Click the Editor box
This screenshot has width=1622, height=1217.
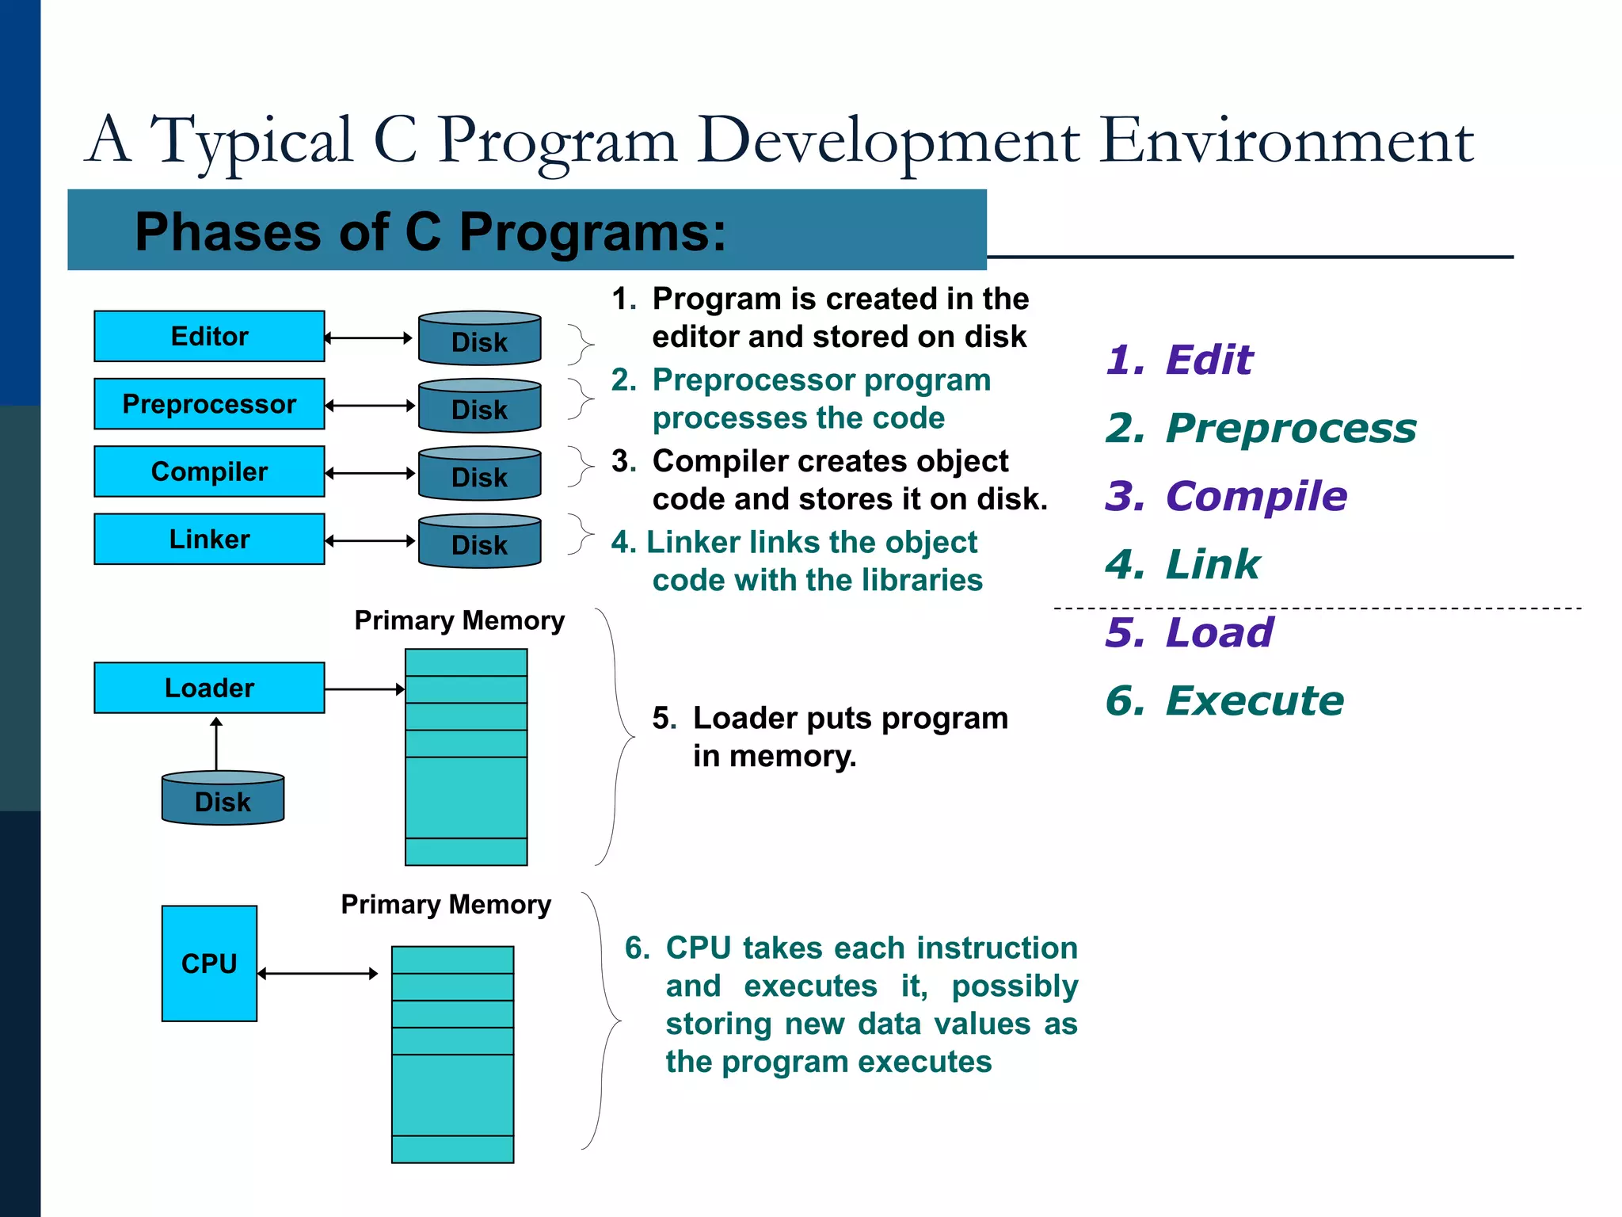(x=209, y=336)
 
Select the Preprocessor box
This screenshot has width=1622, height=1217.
(x=209, y=404)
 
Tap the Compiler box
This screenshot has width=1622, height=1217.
(x=209, y=471)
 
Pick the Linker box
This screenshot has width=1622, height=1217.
(x=209, y=539)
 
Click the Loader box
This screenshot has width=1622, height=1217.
(x=209, y=688)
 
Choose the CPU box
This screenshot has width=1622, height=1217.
(x=209, y=963)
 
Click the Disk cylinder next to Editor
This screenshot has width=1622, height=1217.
(x=479, y=339)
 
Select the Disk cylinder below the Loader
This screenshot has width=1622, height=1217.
(x=223, y=799)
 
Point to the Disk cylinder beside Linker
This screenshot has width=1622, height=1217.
(x=479, y=542)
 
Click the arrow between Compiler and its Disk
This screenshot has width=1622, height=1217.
(x=370, y=473)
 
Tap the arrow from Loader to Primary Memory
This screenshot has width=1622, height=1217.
(x=364, y=689)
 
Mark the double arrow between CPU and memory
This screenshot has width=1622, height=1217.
(x=318, y=973)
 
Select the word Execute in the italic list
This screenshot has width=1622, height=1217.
(x=1255, y=700)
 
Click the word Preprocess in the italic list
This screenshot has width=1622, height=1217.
(x=1291, y=428)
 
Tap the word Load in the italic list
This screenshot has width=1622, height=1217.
(x=1220, y=632)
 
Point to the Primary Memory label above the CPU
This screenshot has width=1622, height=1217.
(x=446, y=904)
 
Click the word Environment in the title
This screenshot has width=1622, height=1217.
(x=1287, y=141)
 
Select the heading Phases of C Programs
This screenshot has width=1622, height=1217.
(x=430, y=231)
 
